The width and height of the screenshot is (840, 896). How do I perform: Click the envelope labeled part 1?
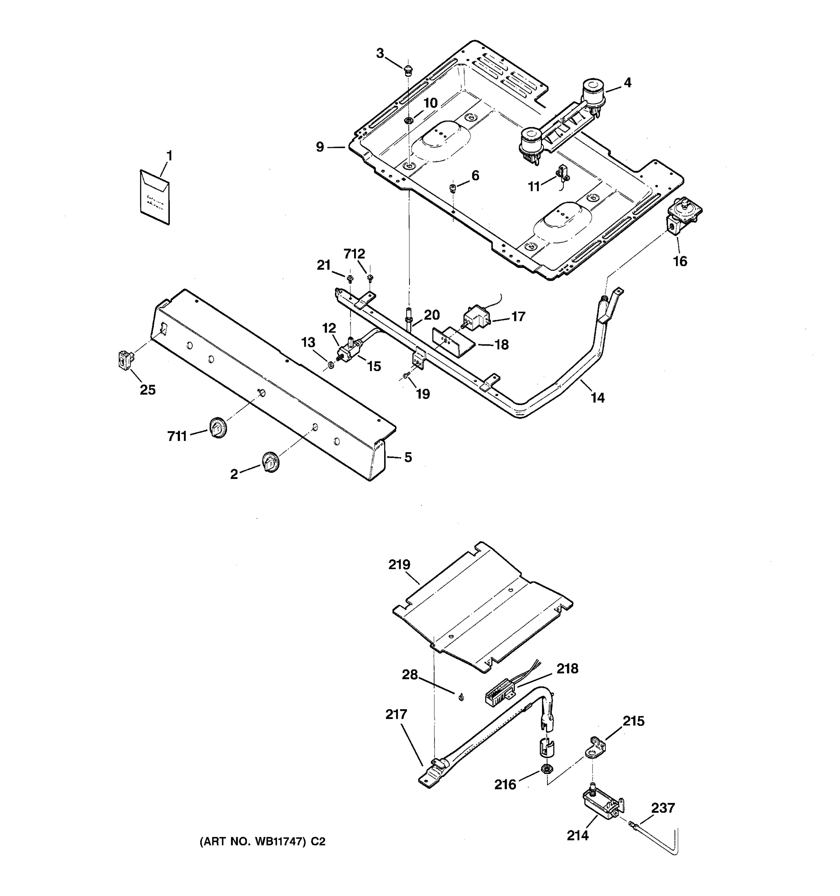click(155, 197)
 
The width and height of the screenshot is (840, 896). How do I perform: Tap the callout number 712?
click(354, 254)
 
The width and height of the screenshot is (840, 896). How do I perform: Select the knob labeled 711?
click(218, 428)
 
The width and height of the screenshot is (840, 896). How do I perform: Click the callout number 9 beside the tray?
click(320, 147)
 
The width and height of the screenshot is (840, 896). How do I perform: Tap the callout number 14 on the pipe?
click(598, 398)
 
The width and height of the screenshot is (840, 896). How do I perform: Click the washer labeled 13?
click(331, 364)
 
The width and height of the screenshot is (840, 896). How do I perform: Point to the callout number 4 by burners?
click(627, 83)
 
